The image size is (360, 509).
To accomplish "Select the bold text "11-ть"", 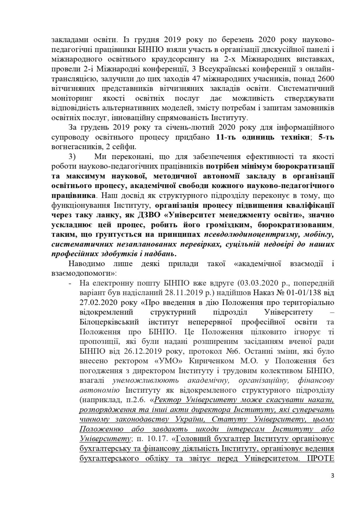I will (226, 137).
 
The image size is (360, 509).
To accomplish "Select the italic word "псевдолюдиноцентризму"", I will (244, 234).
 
